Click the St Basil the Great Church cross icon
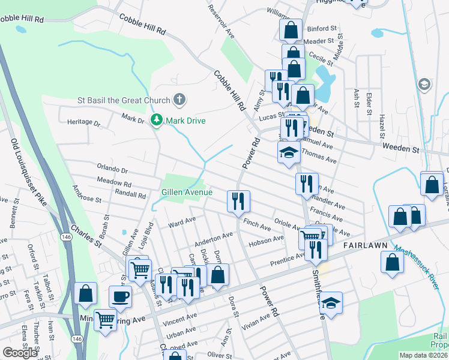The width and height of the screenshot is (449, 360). (178, 99)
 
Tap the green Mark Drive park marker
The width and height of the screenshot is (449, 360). (157, 121)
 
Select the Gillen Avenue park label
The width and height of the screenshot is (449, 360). (186, 192)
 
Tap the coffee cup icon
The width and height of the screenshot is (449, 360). (120, 296)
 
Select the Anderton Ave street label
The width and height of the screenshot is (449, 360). (213, 239)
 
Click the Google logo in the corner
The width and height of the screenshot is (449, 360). (20, 353)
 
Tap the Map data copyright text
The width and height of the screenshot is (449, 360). (424, 355)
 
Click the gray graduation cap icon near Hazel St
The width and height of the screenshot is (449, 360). (424, 84)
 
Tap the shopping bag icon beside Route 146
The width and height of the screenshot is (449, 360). (86, 293)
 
